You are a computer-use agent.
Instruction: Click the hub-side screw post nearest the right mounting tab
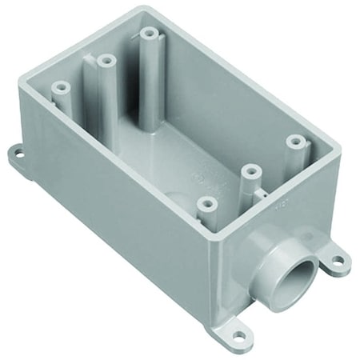[x=298, y=141]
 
